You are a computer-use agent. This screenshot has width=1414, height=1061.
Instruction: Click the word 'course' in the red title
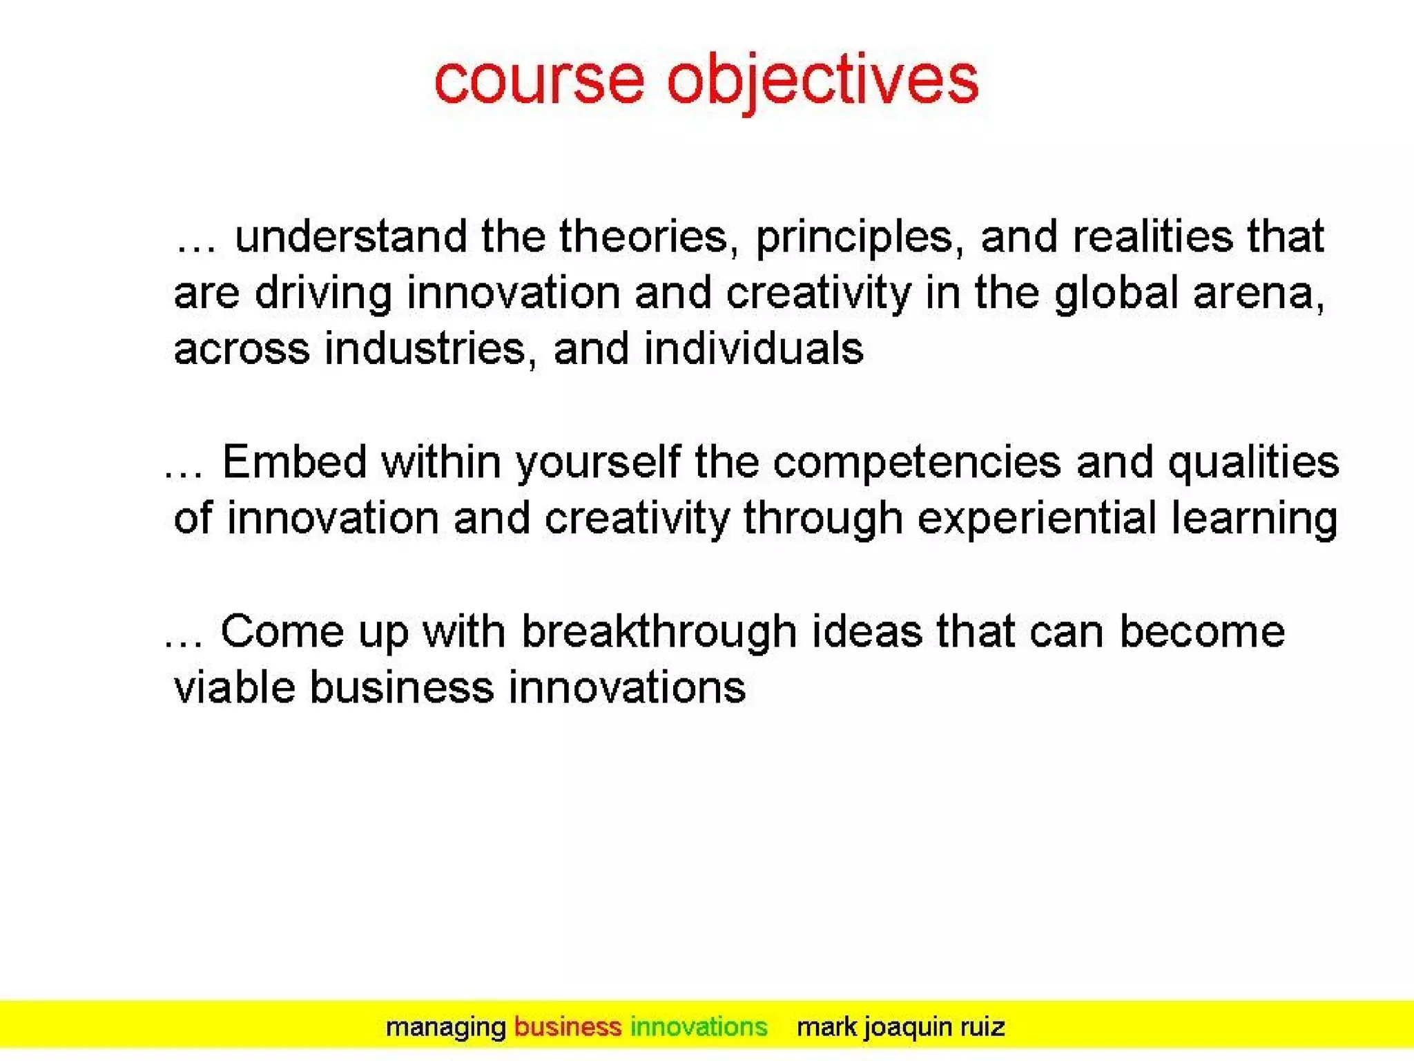tap(539, 82)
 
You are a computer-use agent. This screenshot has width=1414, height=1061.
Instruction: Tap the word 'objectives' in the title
tap(822, 82)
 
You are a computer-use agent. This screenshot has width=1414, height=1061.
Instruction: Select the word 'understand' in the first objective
tap(351, 236)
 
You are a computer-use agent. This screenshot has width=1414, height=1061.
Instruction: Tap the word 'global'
tap(1116, 293)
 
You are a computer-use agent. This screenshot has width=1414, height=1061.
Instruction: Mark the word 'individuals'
tap(753, 348)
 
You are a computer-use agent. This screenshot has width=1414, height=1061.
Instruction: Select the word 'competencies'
tap(916, 463)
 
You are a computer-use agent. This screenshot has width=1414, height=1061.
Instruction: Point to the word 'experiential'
tap(1036, 519)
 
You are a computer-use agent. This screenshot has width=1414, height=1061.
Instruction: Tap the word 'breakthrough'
tap(659, 631)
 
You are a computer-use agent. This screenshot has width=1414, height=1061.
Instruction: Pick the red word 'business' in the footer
tap(568, 1027)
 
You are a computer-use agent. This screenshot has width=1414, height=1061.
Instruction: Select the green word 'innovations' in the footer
tap(698, 1027)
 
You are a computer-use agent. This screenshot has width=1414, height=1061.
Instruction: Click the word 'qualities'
tap(1253, 463)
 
